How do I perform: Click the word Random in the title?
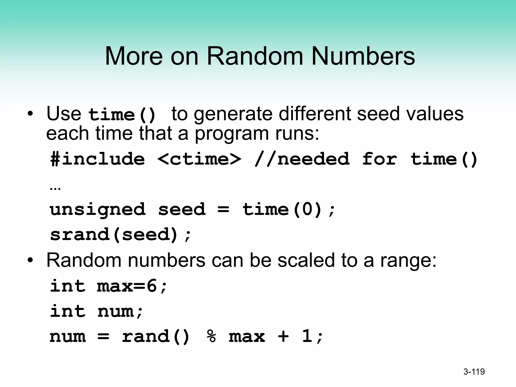tap(255, 56)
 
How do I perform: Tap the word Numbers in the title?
tap(363, 56)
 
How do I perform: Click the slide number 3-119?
tap(474, 372)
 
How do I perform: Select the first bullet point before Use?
tap(30, 114)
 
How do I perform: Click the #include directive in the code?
tap(98, 159)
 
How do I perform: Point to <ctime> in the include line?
tap(199, 159)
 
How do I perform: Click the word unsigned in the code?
tap(98, 210)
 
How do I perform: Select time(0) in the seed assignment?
tap(282, 210)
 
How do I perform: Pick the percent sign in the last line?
tap(211, 336)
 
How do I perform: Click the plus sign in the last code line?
tap(283, 336)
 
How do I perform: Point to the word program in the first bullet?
tap(232, 134)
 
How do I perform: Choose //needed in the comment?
tap(302, 159)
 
